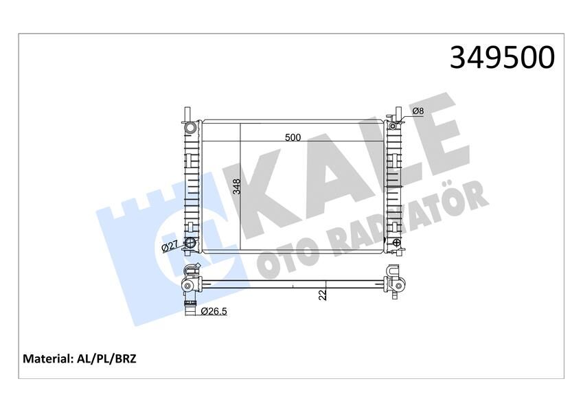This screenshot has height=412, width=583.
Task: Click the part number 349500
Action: point(501,58)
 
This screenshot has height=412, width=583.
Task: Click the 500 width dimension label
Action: point(293,137)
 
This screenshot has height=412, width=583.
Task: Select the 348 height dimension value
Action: point(236,186)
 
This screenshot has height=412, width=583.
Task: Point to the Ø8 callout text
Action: point(418,111)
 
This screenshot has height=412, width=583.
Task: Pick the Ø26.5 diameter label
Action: point(215,312)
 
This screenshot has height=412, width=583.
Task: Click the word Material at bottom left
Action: point(48,358)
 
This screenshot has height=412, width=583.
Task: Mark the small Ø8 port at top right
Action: point(393,125)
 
